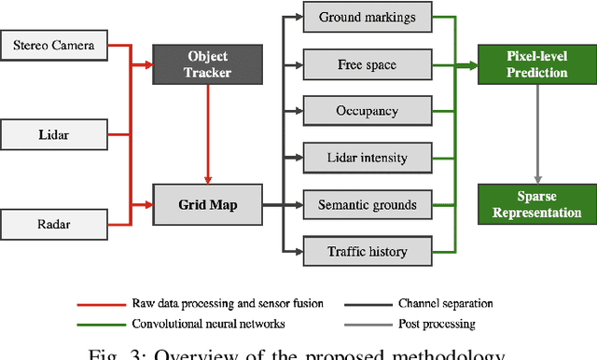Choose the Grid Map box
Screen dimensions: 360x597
208,202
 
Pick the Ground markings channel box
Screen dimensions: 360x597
367,18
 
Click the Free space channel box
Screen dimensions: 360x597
367,65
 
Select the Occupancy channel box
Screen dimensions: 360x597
367,111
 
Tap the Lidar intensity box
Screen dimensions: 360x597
367,158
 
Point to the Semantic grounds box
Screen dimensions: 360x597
367,204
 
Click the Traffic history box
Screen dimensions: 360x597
367,251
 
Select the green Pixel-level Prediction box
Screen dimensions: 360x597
536,65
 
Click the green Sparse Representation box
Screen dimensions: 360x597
536,203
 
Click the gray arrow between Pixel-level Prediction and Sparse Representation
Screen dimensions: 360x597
536,134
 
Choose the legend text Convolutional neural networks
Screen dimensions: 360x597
208,325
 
